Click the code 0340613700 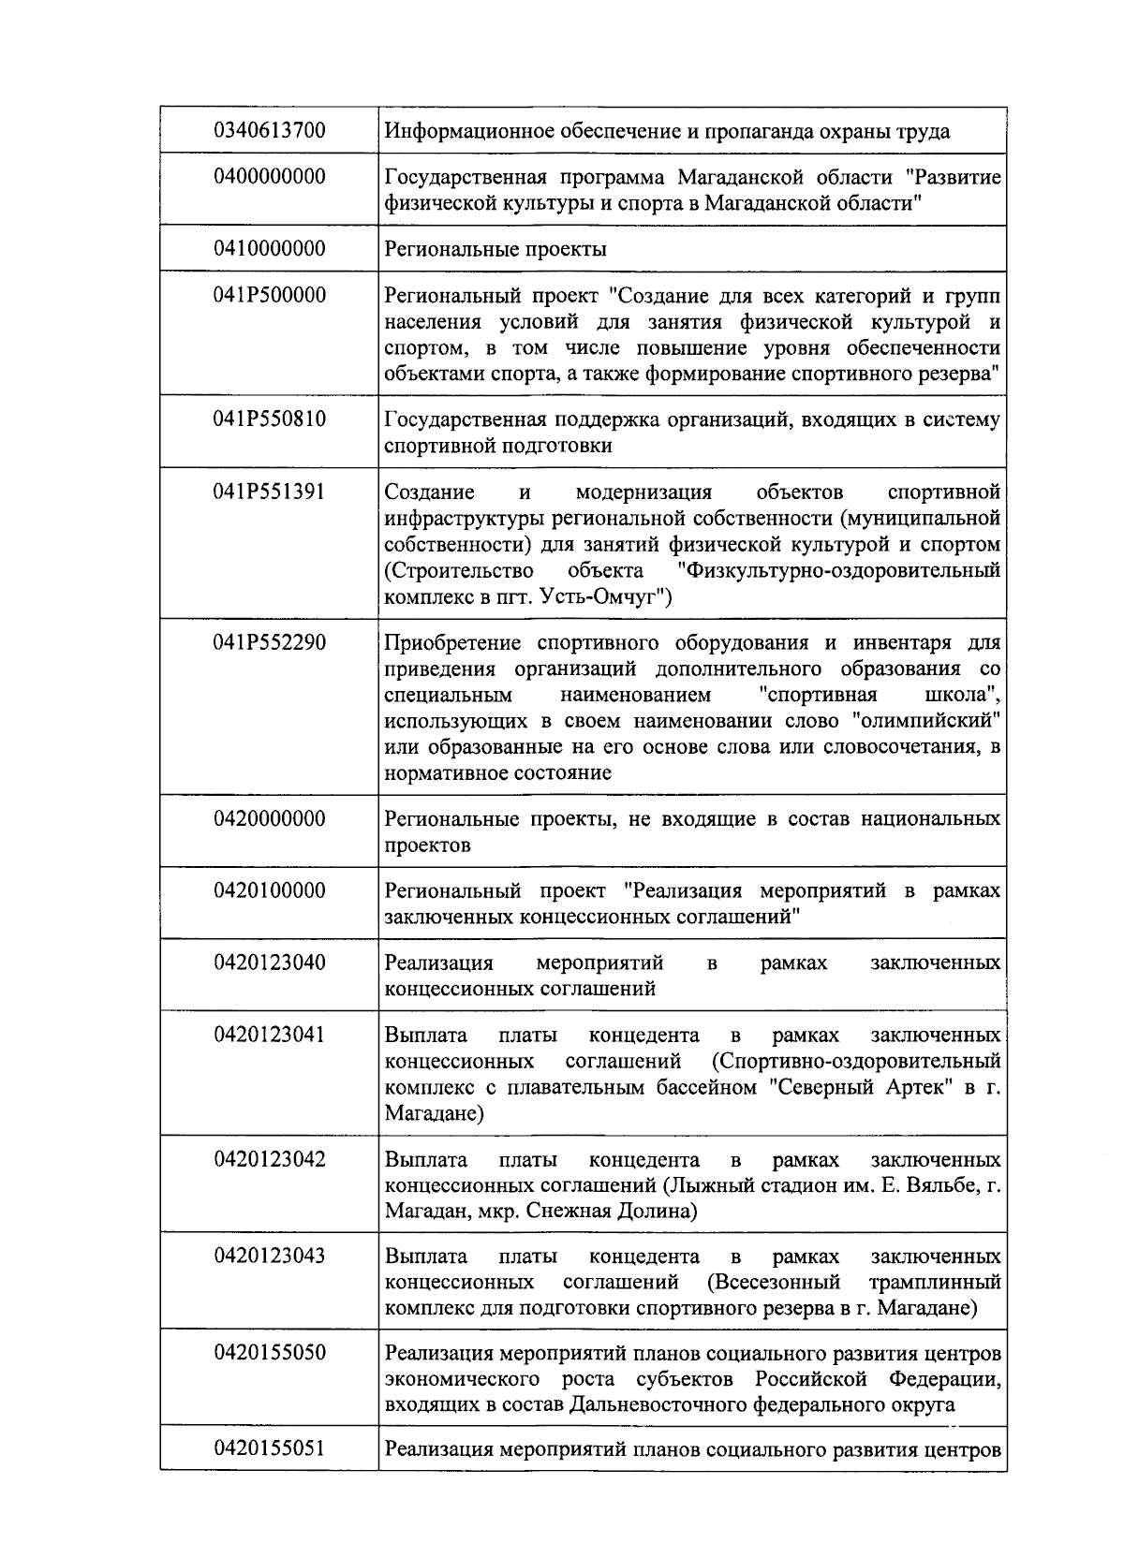[269, 130]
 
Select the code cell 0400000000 [269, 176]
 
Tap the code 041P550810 [269, 419]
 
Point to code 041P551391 [269, 492]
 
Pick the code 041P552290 [269, 642]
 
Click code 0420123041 [269, 1035]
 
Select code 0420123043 [269, 1255]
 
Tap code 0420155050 [269, 1353]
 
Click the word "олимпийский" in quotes [927, 721]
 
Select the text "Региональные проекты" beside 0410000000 [495, 249]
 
